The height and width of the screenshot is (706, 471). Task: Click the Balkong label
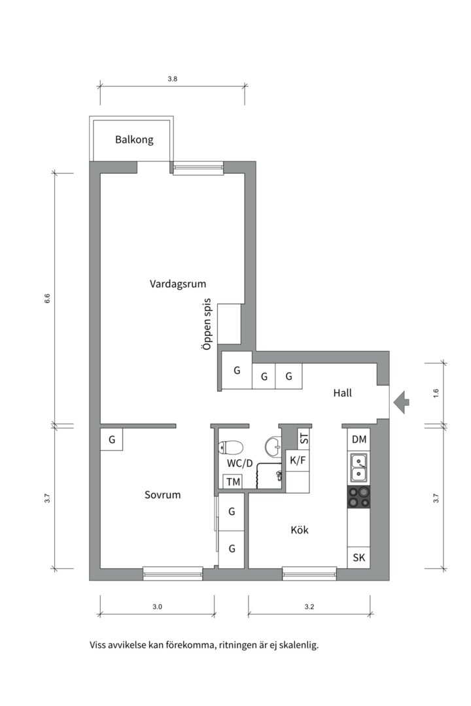click(134, 139)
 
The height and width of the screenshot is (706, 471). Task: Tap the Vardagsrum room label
click(178, 284)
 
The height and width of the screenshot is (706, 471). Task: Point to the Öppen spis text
click(207, 325)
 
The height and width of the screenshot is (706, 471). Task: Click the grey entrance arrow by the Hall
click(402, 401)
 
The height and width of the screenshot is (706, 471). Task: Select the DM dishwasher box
click(358, 439)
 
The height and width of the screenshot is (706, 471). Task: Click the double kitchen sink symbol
click(358, 468)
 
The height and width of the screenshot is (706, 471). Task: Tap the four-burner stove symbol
click(358, 497)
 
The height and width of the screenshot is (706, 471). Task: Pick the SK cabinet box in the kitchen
click(358, 558)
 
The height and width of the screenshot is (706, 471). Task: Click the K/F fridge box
click(298, 461)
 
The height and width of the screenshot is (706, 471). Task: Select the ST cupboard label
click(304, 438)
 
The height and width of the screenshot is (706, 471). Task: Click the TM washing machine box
click(232, 482)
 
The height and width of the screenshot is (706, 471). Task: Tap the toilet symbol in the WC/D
click(231, 448)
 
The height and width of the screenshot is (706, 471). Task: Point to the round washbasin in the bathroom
click(273, 446)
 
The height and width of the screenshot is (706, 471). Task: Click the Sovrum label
click(162, 495)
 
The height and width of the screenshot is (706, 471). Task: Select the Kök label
click(300, 529)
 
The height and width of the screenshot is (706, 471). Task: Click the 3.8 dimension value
click(172, 78)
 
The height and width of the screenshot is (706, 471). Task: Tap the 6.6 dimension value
click(47, 299)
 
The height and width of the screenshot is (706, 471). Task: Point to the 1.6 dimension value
click(436, 394)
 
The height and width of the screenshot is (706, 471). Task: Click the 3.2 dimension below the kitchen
click(309, 607)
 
